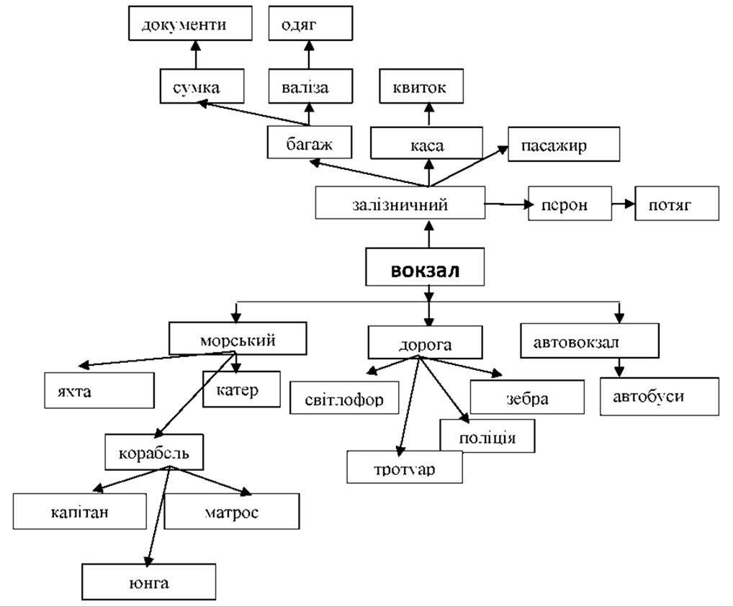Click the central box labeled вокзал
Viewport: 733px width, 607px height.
(425, 267)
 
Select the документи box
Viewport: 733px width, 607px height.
(190, 23)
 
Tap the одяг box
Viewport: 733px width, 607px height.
(310, 23)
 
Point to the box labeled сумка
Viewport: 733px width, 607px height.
(202, 86)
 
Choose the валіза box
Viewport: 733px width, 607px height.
(310, 86)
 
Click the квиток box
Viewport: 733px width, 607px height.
(421, 86)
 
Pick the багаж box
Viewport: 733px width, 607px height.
(310, 142)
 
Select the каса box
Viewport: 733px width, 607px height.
(426, 143)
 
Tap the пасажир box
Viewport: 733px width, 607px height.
(564, 144)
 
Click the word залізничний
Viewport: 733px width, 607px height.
(400, 204)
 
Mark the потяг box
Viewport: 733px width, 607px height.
(677, 204)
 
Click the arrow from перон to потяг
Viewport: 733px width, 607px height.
(624, 204)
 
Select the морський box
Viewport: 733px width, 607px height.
(238, 338)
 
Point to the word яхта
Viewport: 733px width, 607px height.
(74, 391)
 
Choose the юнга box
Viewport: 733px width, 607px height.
(148, 582)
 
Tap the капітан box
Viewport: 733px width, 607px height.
(79, 511)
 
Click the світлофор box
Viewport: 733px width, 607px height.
(344, 398)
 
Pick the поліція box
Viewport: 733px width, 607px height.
(487, 436)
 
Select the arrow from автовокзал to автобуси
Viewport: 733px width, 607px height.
(619, 367)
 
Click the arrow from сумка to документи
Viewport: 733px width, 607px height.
(196, 55)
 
